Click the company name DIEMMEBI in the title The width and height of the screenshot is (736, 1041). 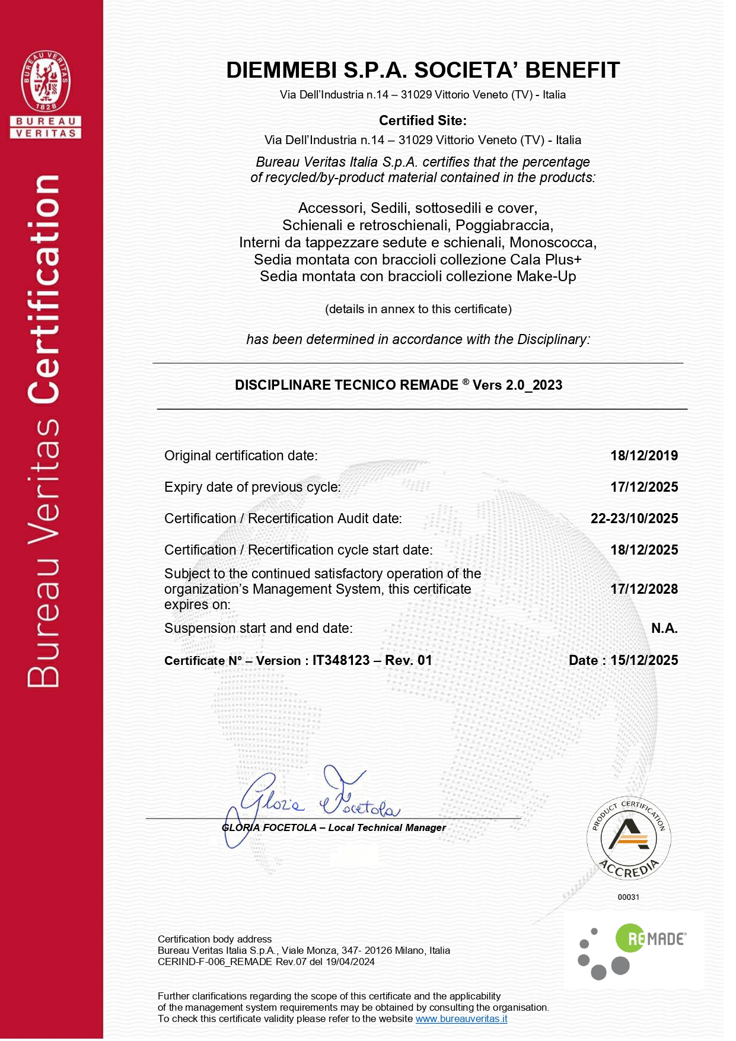(282, 70)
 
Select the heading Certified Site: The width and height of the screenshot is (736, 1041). (422, 120)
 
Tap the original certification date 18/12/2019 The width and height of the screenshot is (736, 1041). (643, 456)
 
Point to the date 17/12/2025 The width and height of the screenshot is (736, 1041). (643, 487)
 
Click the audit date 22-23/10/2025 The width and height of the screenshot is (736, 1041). (634, 518)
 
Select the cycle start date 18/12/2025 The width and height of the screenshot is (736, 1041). (643, 550)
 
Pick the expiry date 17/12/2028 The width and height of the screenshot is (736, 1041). (643, 589)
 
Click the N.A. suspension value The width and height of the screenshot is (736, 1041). (664, 628)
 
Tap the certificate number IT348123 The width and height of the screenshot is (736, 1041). (341, 660)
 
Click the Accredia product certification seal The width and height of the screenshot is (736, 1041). (628, 838)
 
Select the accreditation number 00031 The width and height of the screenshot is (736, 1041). (628, 897)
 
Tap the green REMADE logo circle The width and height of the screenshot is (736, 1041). (629, 938)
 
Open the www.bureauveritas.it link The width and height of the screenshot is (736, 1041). (461, 1018)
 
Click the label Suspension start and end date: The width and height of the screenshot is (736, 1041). (258, 628)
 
